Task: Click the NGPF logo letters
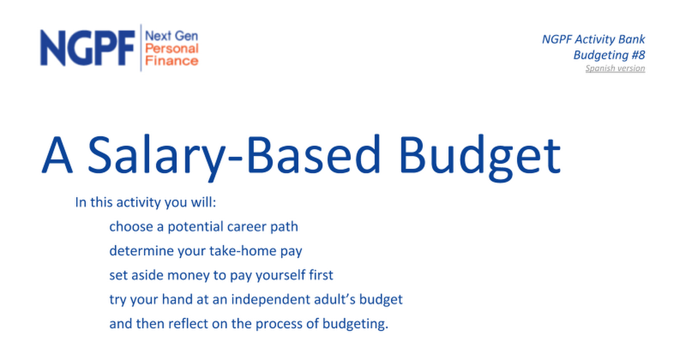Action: tap(87, 48)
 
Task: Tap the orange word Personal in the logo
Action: tap(172, 49)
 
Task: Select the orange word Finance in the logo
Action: tap(172, 61)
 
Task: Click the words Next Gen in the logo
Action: tap(171, 36)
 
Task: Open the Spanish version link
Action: tap(615, 68)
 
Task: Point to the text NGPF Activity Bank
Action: tap(593, 39)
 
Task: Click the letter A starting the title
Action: tap(57, 155)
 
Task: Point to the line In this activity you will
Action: tap(146, 202)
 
